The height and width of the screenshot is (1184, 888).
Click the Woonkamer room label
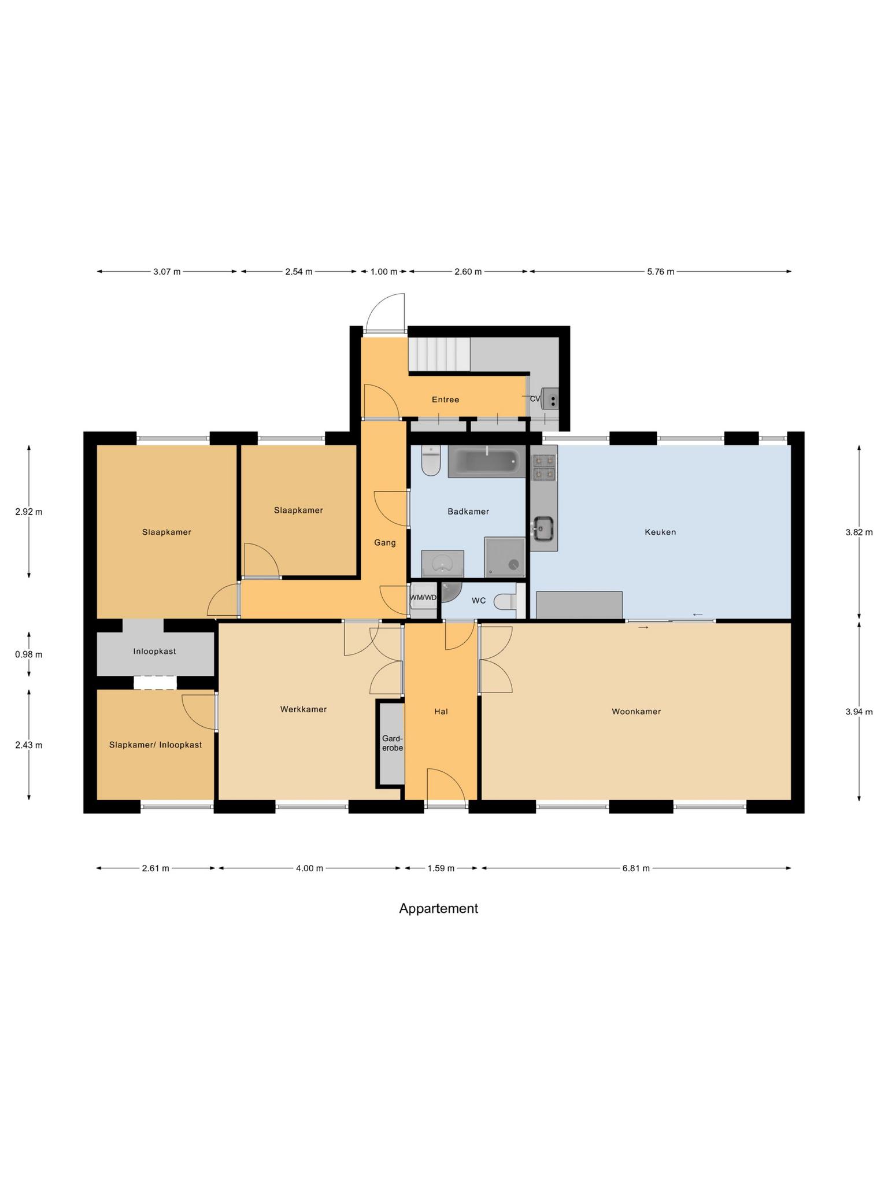[x=636, y=712]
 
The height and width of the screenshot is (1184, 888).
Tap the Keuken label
[x=660, y=532]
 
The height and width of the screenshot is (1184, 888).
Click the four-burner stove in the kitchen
[x=544, y=467]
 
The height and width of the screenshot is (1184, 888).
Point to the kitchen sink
[x=543, y=528]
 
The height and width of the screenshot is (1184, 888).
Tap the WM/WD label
[x=423, y=598]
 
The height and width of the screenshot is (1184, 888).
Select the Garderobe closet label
[x=393, y=743]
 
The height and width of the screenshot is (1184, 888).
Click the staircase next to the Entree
[x=439, y=354]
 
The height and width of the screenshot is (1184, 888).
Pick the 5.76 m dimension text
[x=660, y=272]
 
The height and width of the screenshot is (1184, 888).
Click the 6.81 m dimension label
[x=636, y=868]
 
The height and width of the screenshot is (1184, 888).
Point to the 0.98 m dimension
[x=29, y=654]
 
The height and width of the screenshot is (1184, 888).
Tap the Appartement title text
[x=438, y=908]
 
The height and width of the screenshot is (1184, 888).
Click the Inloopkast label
[x=154, y=652]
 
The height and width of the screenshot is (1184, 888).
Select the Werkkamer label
[x=304, y=709]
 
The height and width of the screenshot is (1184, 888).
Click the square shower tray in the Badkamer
[x=505, y=557]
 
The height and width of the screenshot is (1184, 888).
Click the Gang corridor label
[x=385, y=542]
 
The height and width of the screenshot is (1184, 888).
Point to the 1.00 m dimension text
[x=384, y=272]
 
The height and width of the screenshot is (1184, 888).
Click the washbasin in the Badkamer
[x=443, y=563]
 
